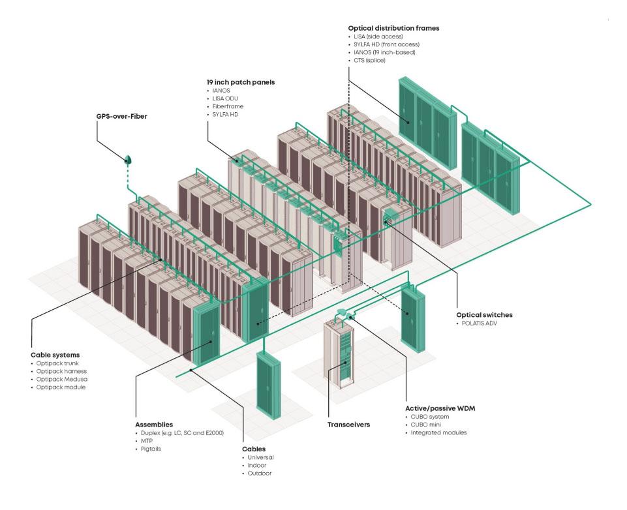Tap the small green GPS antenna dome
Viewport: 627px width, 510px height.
pos(129,159)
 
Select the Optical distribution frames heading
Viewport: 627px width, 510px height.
pos(393,28)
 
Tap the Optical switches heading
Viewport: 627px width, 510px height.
pos(485,314)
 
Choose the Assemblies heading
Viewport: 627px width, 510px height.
pos(154,423)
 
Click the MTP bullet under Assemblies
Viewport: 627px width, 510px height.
pos(146,441)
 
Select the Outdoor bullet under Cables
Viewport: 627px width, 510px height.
pos(260,473)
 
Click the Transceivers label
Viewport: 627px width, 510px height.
pos(348,425)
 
